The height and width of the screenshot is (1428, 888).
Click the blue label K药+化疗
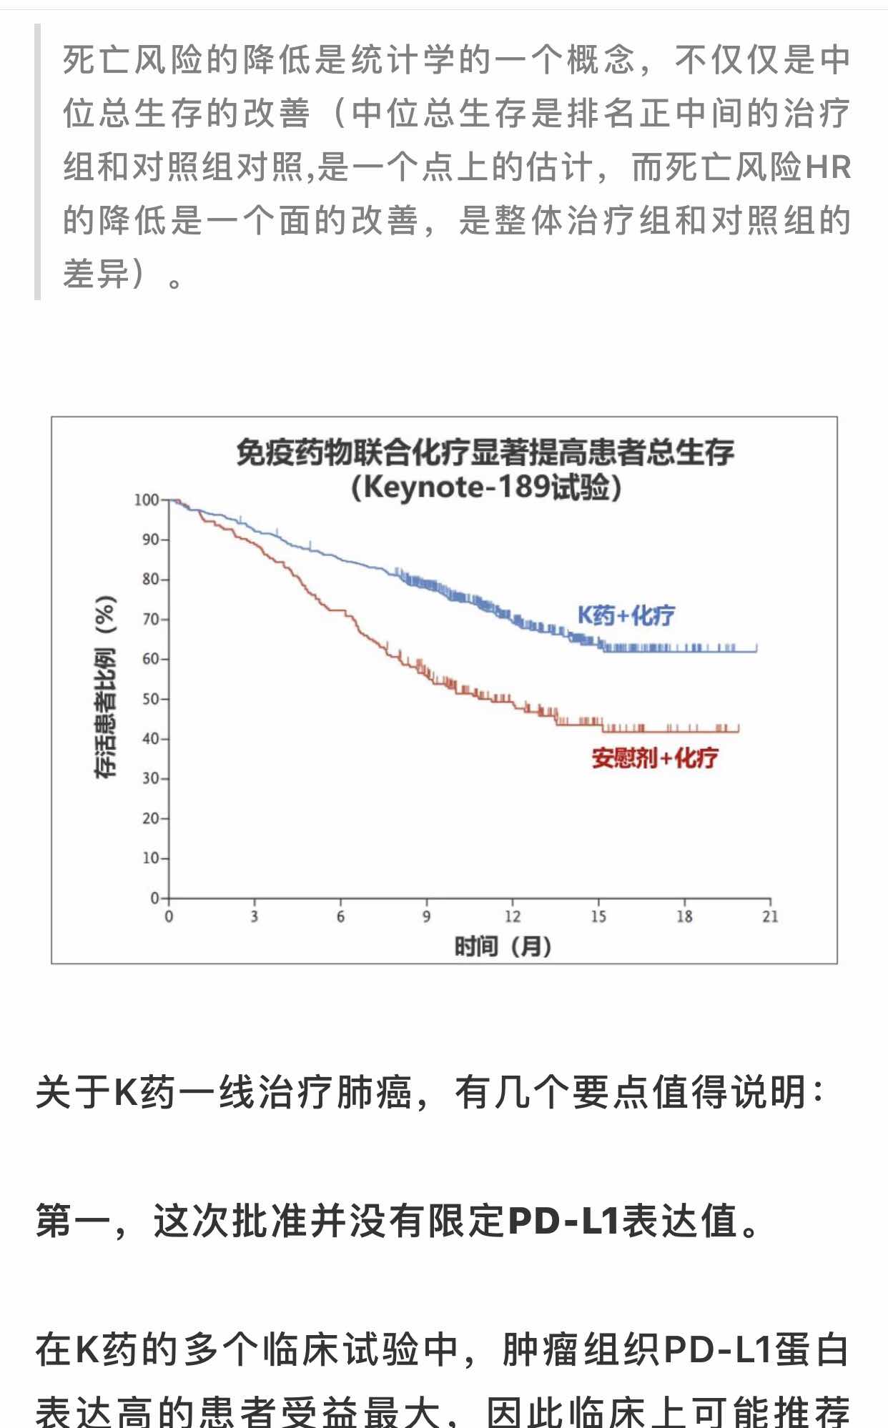tap(626, 615)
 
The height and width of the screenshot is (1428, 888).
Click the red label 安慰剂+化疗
tap(654, 758)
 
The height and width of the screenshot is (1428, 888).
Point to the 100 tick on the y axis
tap(147, 500)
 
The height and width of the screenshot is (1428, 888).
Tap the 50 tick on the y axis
tap(150, 699)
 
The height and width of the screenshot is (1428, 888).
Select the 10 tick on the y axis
tap(150, 858)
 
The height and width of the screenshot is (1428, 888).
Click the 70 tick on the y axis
tap(150, 619)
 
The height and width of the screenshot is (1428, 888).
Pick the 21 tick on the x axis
tap(770, 916)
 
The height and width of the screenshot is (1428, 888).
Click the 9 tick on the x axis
tap(427, 916)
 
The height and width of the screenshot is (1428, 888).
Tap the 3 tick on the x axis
tap(255, 916)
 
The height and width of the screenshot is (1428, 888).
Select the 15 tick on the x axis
tap(598, 916)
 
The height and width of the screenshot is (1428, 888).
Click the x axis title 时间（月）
tap(503, 947)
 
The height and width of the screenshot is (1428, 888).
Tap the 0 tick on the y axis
tap(154, 898)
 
